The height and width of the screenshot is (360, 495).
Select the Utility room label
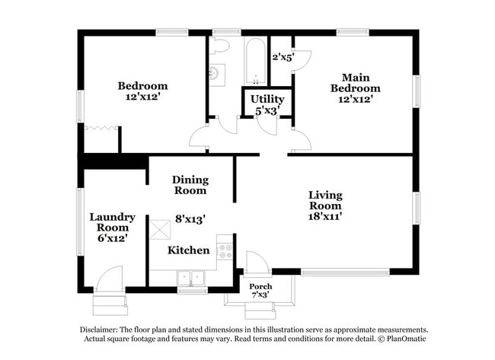[x=267, y=99]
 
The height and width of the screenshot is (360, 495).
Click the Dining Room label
[x=189, y=185]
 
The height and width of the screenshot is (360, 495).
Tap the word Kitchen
[x=188, y=250]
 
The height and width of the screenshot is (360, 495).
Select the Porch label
[x=260, y=286]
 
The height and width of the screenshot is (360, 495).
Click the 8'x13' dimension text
[x=190, y=218]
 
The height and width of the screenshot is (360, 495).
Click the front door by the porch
[x=257, y=263]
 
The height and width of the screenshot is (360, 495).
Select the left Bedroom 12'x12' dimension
[x=142, y=97]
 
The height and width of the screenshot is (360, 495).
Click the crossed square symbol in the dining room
[x=160, y=228]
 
